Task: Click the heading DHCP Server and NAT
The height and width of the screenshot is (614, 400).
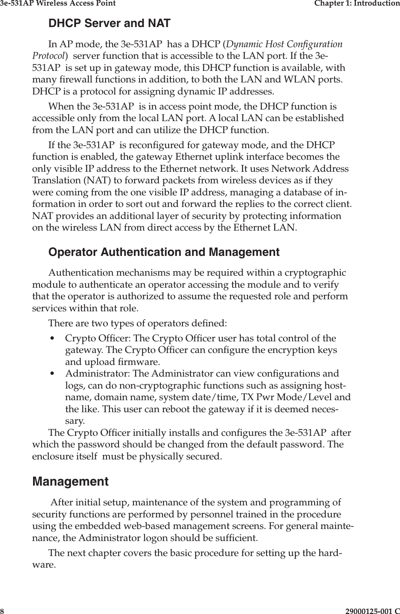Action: pos(109,24)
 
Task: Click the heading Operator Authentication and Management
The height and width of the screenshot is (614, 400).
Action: pos(164,252)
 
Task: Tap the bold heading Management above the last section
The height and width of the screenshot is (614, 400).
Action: pos(70,482)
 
